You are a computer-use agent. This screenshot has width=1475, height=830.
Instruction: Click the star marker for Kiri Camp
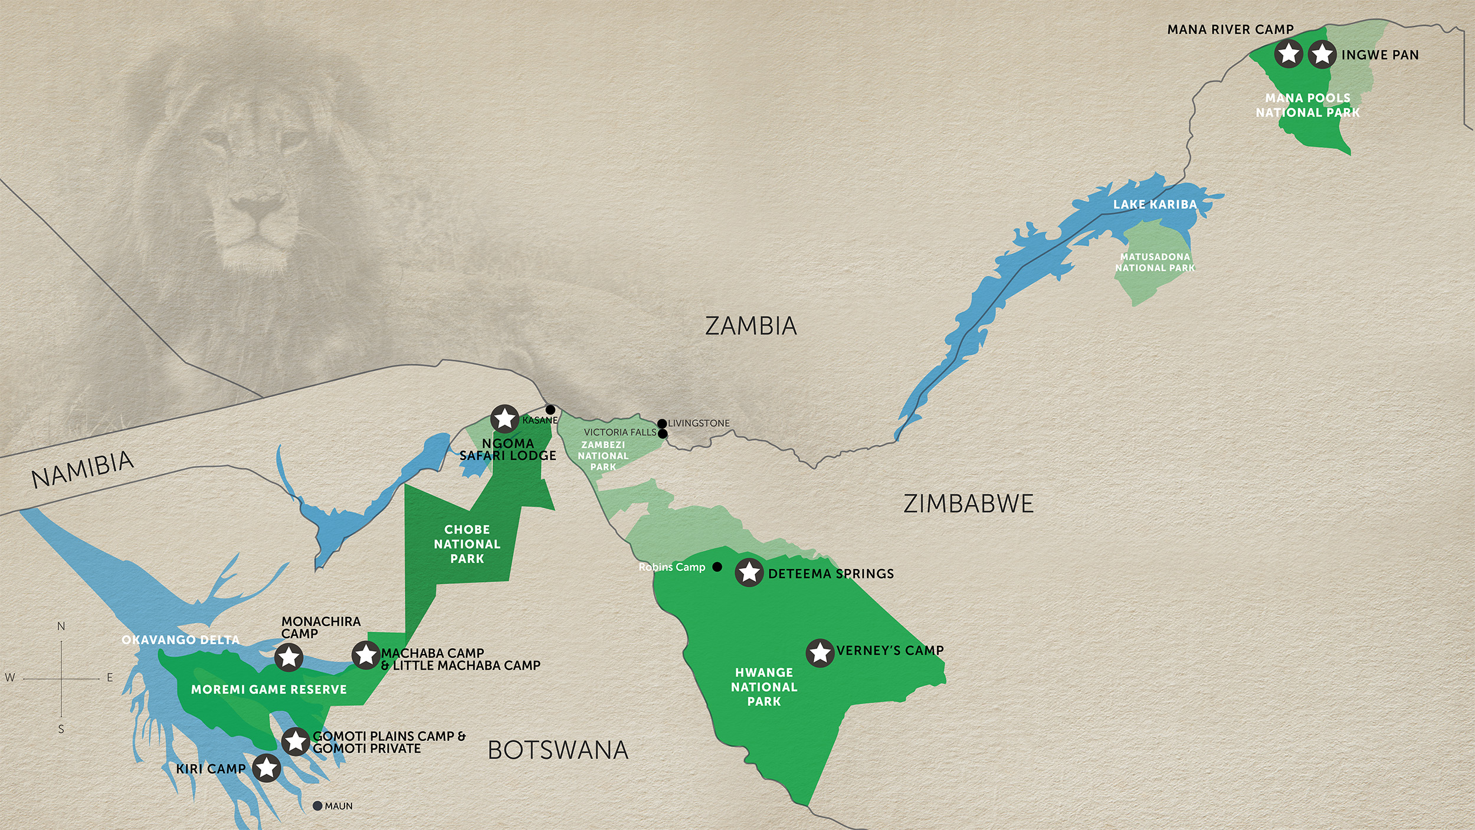point(267,768)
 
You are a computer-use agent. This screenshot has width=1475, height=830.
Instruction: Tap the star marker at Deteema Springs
point(749,572)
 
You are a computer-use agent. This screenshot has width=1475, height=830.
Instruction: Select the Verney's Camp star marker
point(820,653)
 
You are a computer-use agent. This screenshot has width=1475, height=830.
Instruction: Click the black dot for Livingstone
point(662,423)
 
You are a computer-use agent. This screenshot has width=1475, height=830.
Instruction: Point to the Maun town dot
point(317,806)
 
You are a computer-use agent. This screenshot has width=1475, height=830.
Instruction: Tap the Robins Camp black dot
point(717,567)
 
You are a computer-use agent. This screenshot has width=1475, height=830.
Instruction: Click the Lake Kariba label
point(1155,204)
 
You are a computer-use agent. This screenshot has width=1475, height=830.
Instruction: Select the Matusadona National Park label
point(1155,262)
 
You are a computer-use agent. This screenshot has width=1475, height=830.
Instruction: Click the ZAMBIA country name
point(750,326)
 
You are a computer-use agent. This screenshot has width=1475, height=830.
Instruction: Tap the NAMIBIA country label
point(83,470)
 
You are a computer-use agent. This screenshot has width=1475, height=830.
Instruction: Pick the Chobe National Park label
point(467,544)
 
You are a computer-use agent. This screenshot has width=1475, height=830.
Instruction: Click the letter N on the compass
point(61,626)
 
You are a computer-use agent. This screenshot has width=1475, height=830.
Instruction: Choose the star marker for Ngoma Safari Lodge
point(505,419)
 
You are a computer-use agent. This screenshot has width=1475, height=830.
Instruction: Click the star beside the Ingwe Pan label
point(1322,54)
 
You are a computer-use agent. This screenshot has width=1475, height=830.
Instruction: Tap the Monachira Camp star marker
point(289,657)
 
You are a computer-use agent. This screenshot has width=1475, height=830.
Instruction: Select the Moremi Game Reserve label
point(269,690)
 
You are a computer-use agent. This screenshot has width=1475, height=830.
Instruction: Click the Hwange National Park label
point(764,687)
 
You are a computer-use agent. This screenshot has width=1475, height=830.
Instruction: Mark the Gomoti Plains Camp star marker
point(296,741)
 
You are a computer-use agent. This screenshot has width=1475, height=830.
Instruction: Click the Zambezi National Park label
point(603,456)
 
